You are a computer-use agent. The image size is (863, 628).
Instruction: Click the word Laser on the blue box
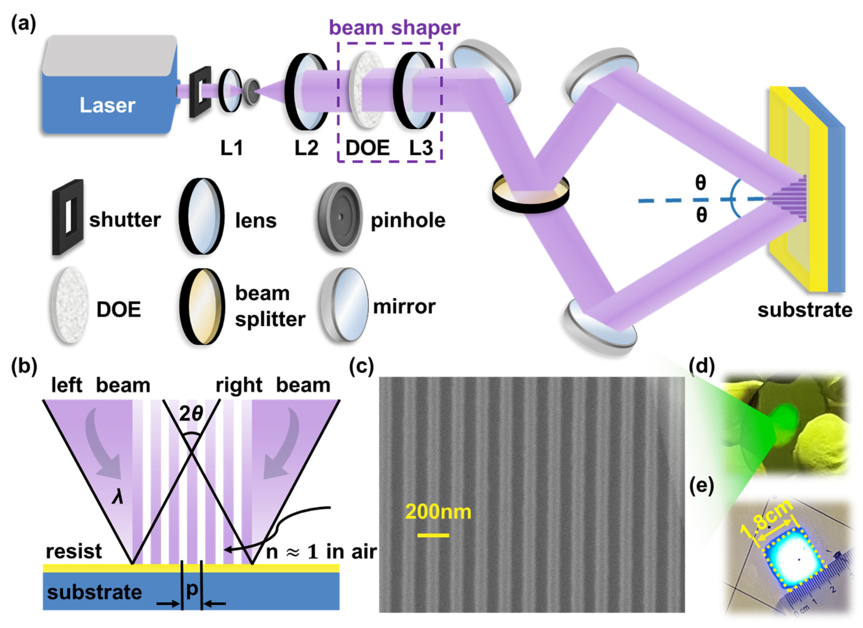(x=107, y=105)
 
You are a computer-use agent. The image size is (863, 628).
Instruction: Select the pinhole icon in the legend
(x=340, y=217)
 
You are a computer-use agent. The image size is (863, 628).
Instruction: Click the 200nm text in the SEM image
(x=438, y=512)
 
